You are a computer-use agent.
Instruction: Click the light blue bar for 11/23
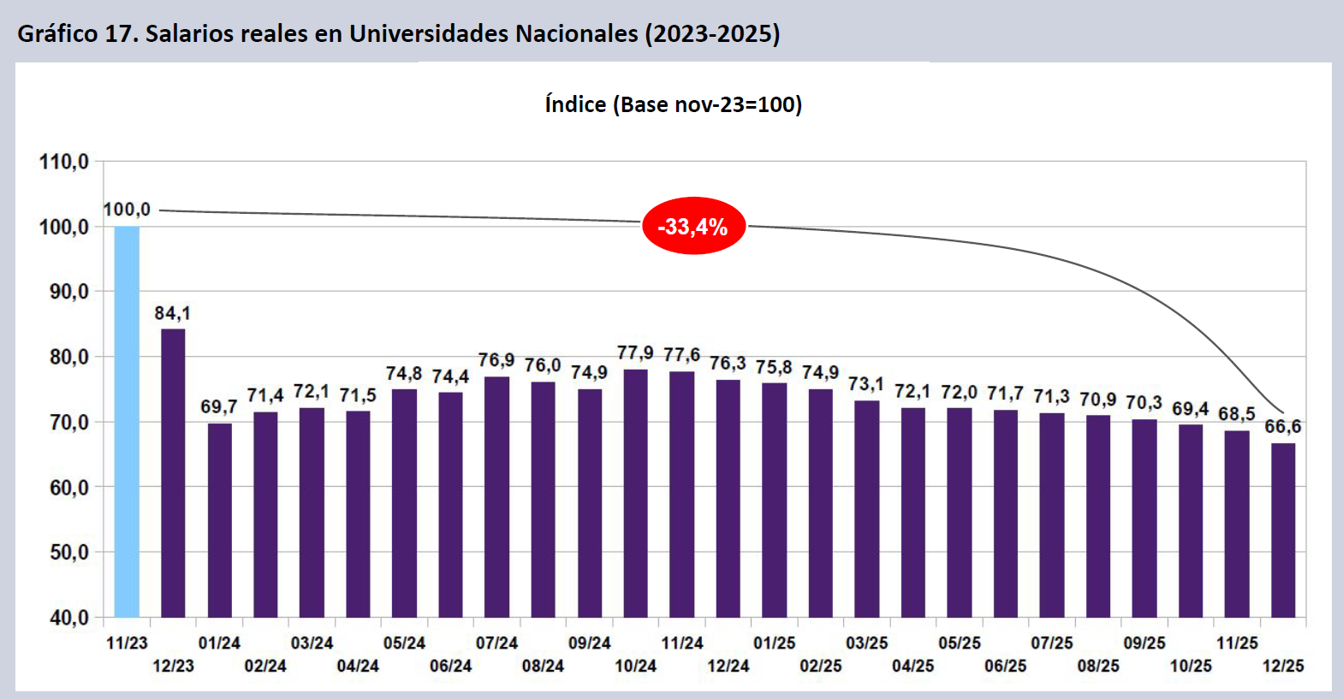pyautogui.click(x=127, y=421)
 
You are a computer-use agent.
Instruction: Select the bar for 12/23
pyautogui.click(x=173, y=472)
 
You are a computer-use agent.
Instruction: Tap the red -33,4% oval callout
pyautogui.click(x=693, y=227)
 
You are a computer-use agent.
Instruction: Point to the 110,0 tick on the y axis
pyautogui.click(x=64, y=162)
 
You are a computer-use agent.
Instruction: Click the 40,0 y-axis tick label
pyautogui.click(x=64, y=617)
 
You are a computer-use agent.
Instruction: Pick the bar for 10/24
pyautogui.click(x=636, y=493)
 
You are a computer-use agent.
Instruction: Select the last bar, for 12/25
pyautogui.click(x=1283, y=530)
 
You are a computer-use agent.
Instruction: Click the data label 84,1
pyautogui.click(x=172, y=313)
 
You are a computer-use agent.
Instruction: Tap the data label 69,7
pyautogui.click(x=219, y=406)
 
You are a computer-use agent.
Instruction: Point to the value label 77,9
pyautogui.click(x=635, y=352)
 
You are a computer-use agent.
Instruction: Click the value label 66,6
pyautogui.click(x=1282, y=426)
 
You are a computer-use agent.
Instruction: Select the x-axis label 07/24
pyautogui.click(x=496, y=643)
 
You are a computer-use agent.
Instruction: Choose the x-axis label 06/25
pyautogui.click(x=1005, y=666)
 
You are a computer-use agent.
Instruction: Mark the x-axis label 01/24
pyautogui.click(x=219, y=643)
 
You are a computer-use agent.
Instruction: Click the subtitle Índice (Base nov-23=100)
pyautogui.click(x=673, y=104)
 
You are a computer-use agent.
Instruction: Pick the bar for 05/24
pyautogui.click(x=404, y=503)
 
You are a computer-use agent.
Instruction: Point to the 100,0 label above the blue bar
pyautogui.click(x=127, y=210)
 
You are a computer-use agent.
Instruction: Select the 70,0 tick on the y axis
pyautogui.click(x=64, y=422)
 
